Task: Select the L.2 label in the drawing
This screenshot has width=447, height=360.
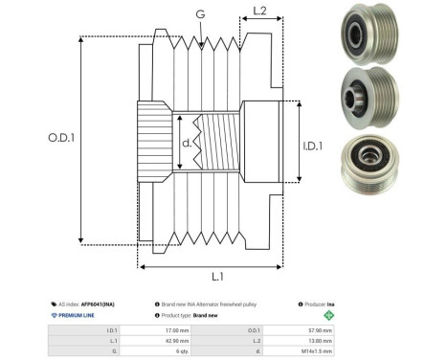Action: (259, 11)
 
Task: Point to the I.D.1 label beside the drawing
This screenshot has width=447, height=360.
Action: (315, 146)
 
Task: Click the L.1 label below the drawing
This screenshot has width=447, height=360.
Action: (216, 277)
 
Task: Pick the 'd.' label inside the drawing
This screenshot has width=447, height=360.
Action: (188, 145)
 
